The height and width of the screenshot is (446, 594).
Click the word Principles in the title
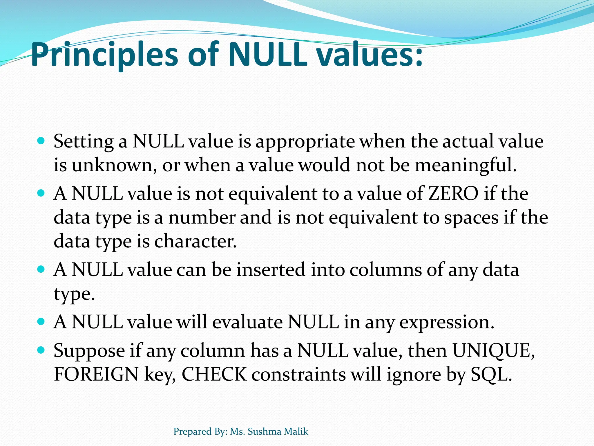click(104, 55)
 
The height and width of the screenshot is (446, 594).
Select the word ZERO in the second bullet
click(453, 194)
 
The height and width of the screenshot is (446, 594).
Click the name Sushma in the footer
click(265, 431)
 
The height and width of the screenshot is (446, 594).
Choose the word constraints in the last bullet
click(298, 375)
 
